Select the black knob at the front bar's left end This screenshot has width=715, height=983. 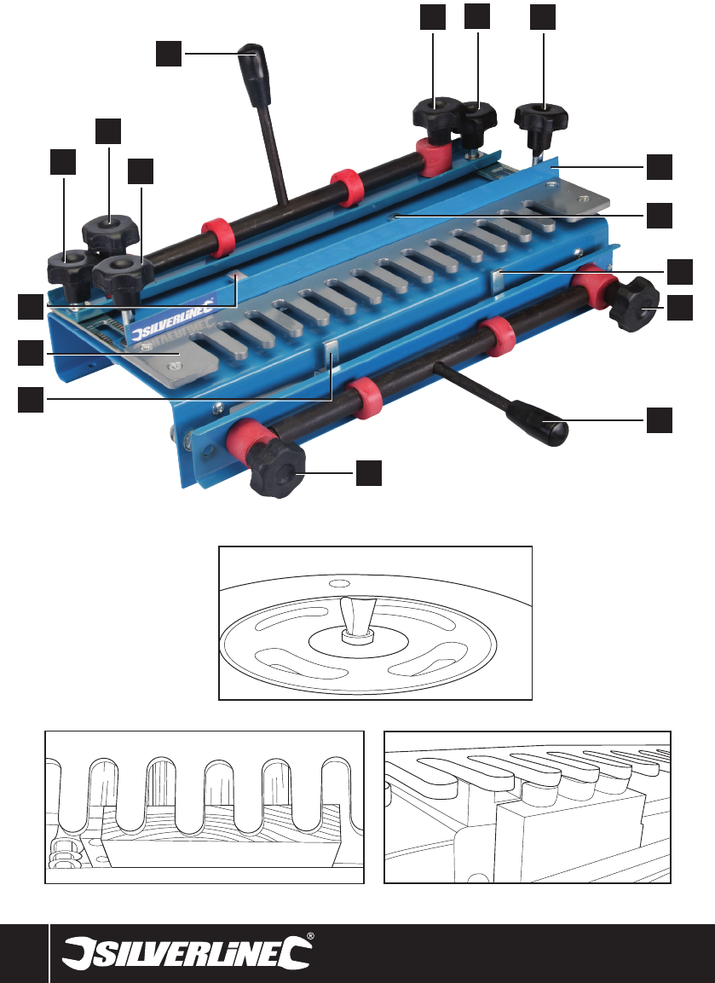tap(277, 470)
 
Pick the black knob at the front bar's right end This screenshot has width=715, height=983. tap(633, 304)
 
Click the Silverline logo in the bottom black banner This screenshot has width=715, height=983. tap(187, 953)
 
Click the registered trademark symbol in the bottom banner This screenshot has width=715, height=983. tap(310, 937)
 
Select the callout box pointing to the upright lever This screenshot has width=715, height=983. tap(169, 54)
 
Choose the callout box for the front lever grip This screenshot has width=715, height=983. tap(660, 419)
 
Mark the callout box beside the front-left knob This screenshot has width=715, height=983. tap(368, 472)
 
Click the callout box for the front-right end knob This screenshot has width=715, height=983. tap(680, 308)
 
